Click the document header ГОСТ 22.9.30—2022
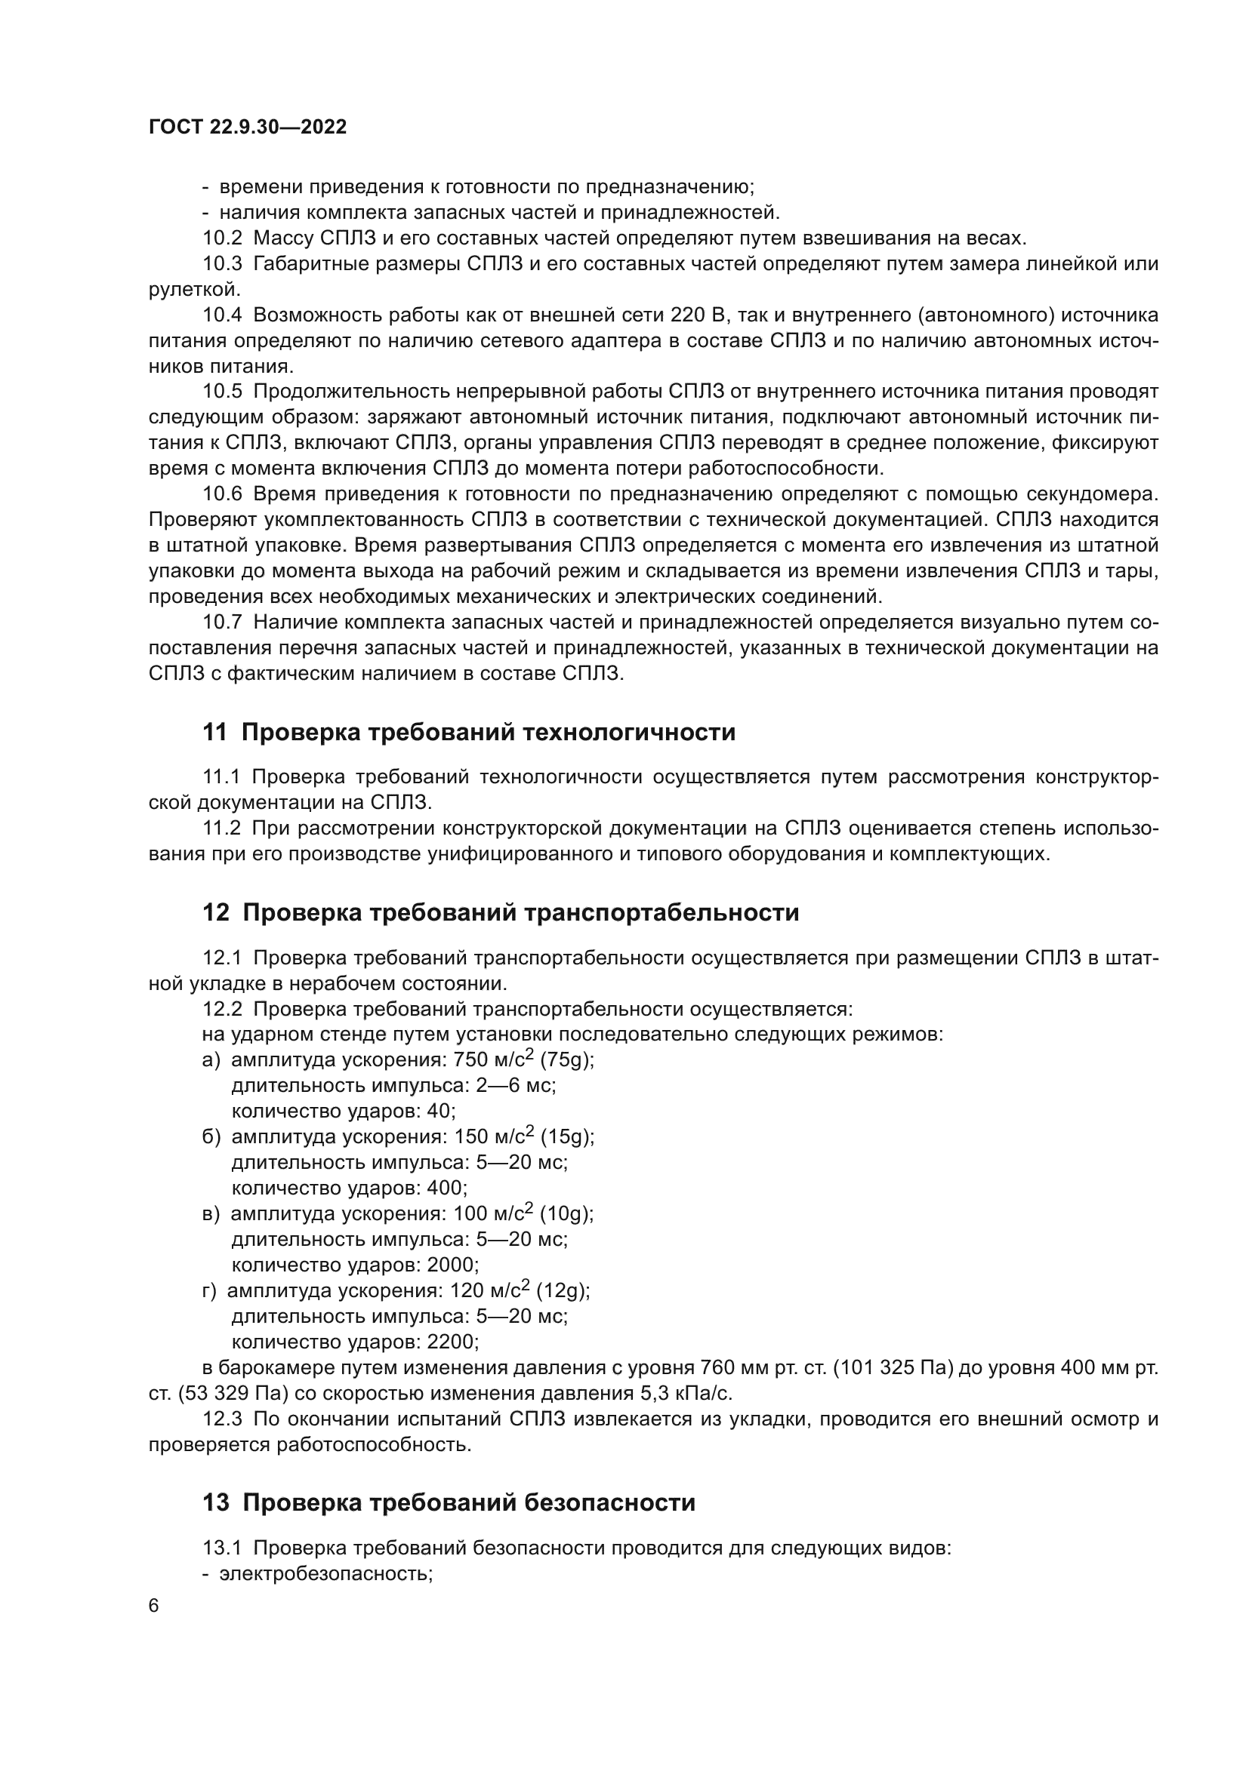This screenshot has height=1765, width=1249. point(248,127)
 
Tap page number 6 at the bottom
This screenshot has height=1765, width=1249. point(154,1606)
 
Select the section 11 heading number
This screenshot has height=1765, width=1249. point(214,733)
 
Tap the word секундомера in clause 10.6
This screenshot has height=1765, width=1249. point(1093,494)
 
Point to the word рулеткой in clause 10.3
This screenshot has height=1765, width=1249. point(194,289)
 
